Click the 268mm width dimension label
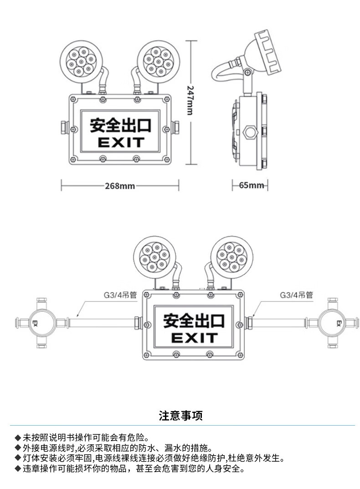tap(120, 186)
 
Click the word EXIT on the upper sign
tap(121, 143)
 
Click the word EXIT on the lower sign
tap(194, 338)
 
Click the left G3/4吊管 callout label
tap(119, 295)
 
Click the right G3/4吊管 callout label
tap(296, 295)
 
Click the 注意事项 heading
tap(180, 416)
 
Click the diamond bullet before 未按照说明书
tap(18, 437)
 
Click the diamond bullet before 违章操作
tap(18, 468)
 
